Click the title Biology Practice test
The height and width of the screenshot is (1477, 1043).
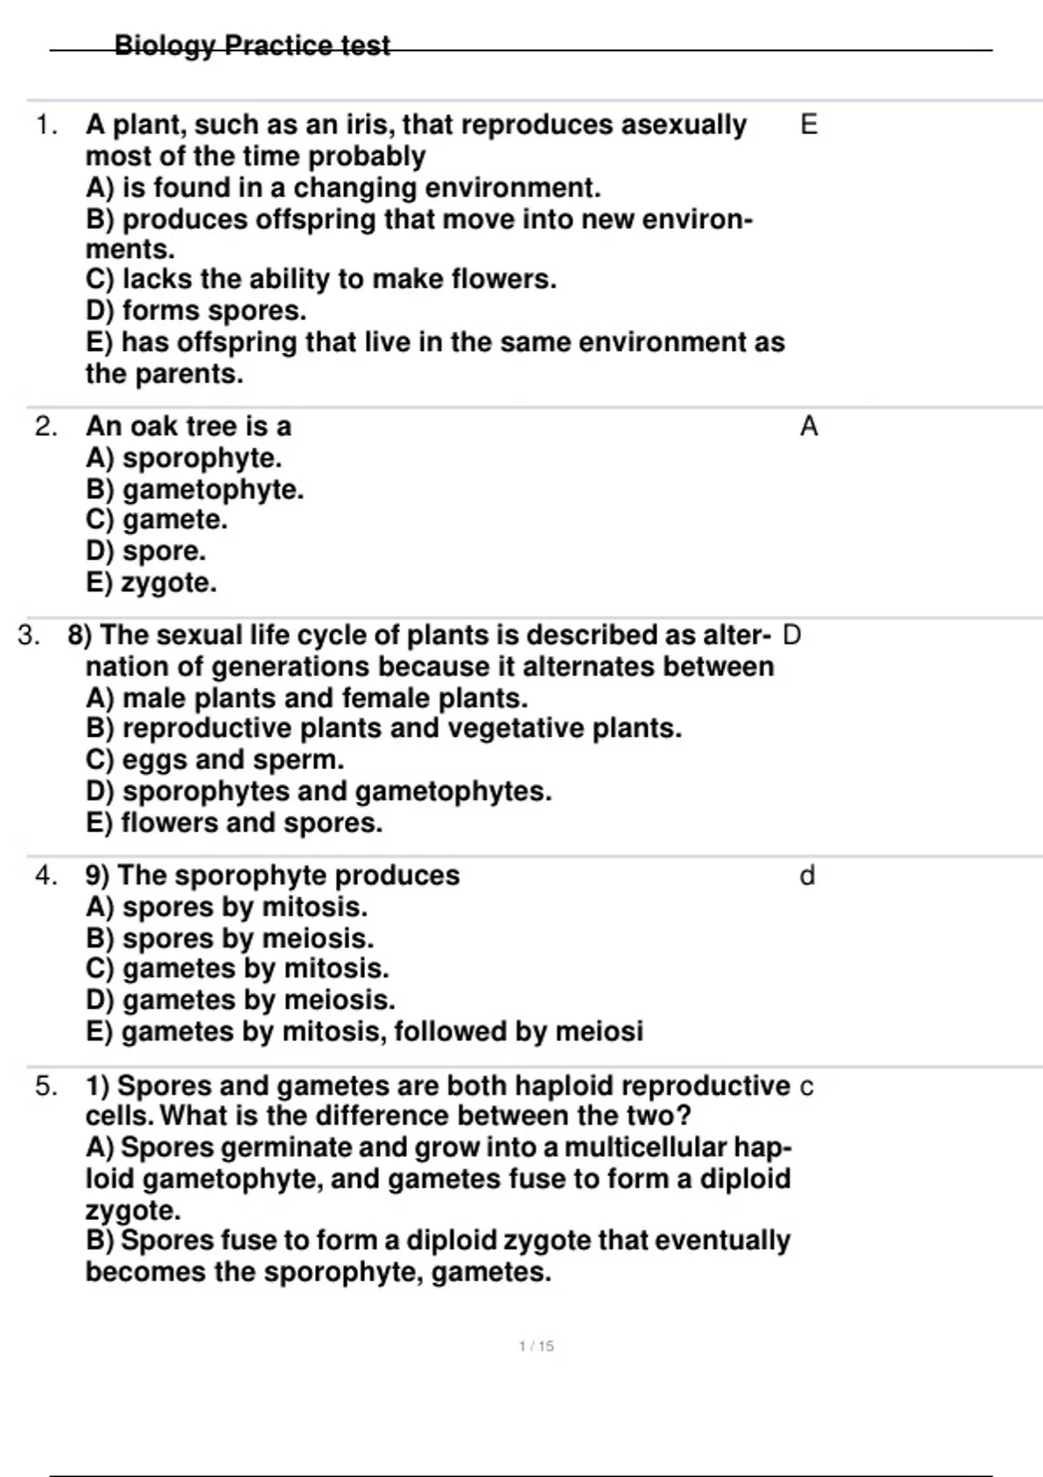(252, 45)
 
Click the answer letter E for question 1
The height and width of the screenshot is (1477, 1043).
(808, 125)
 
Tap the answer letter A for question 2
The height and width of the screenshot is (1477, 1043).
(808, 427)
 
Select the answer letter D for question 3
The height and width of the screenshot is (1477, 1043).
(792, 635)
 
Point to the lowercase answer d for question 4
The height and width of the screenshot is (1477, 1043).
(807, 876)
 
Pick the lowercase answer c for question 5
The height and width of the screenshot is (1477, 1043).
(807, 1087)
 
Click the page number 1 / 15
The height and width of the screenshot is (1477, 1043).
(536, 1346)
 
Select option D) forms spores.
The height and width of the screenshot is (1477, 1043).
(196, 310)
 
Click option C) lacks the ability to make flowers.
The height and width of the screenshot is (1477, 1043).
(322, 279)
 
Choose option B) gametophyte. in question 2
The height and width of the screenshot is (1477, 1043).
(196, 489)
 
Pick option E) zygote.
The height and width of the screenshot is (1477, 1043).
(152, 582)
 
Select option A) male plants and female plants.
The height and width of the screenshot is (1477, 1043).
(308, 698)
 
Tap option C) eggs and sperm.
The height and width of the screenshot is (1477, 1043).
(216, 759)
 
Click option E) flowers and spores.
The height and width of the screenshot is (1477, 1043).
(235, 822)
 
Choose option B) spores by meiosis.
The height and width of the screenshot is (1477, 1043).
(230, 938)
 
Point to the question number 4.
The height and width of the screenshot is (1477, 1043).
(46, 876)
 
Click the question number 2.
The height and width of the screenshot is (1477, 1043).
(46, 427)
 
